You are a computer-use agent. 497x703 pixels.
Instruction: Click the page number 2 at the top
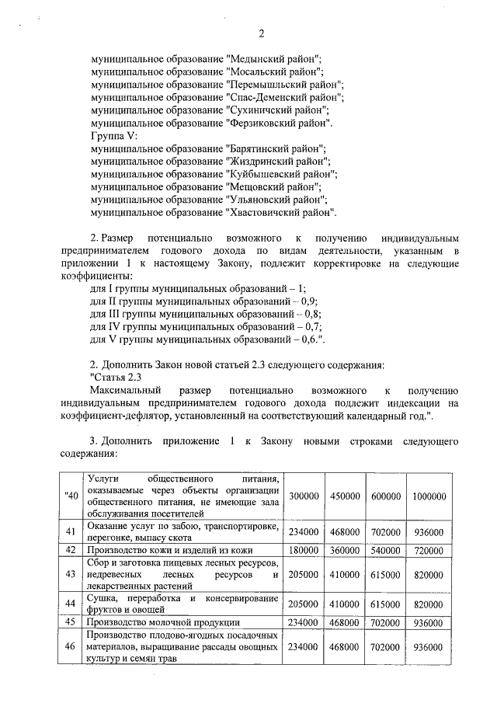[x=262, y=33]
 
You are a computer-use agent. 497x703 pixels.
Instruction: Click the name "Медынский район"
[x=273, y=59]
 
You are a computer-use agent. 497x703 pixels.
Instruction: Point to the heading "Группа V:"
[x=113, y=135]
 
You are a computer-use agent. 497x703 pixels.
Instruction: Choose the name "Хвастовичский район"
[x=280, y=212]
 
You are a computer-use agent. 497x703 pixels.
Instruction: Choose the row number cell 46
[x=69, y=646]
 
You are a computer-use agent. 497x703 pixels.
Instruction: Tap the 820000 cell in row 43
[x=429, y=574]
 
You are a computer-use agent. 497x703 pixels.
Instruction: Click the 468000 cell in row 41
[x=344, y=532]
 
